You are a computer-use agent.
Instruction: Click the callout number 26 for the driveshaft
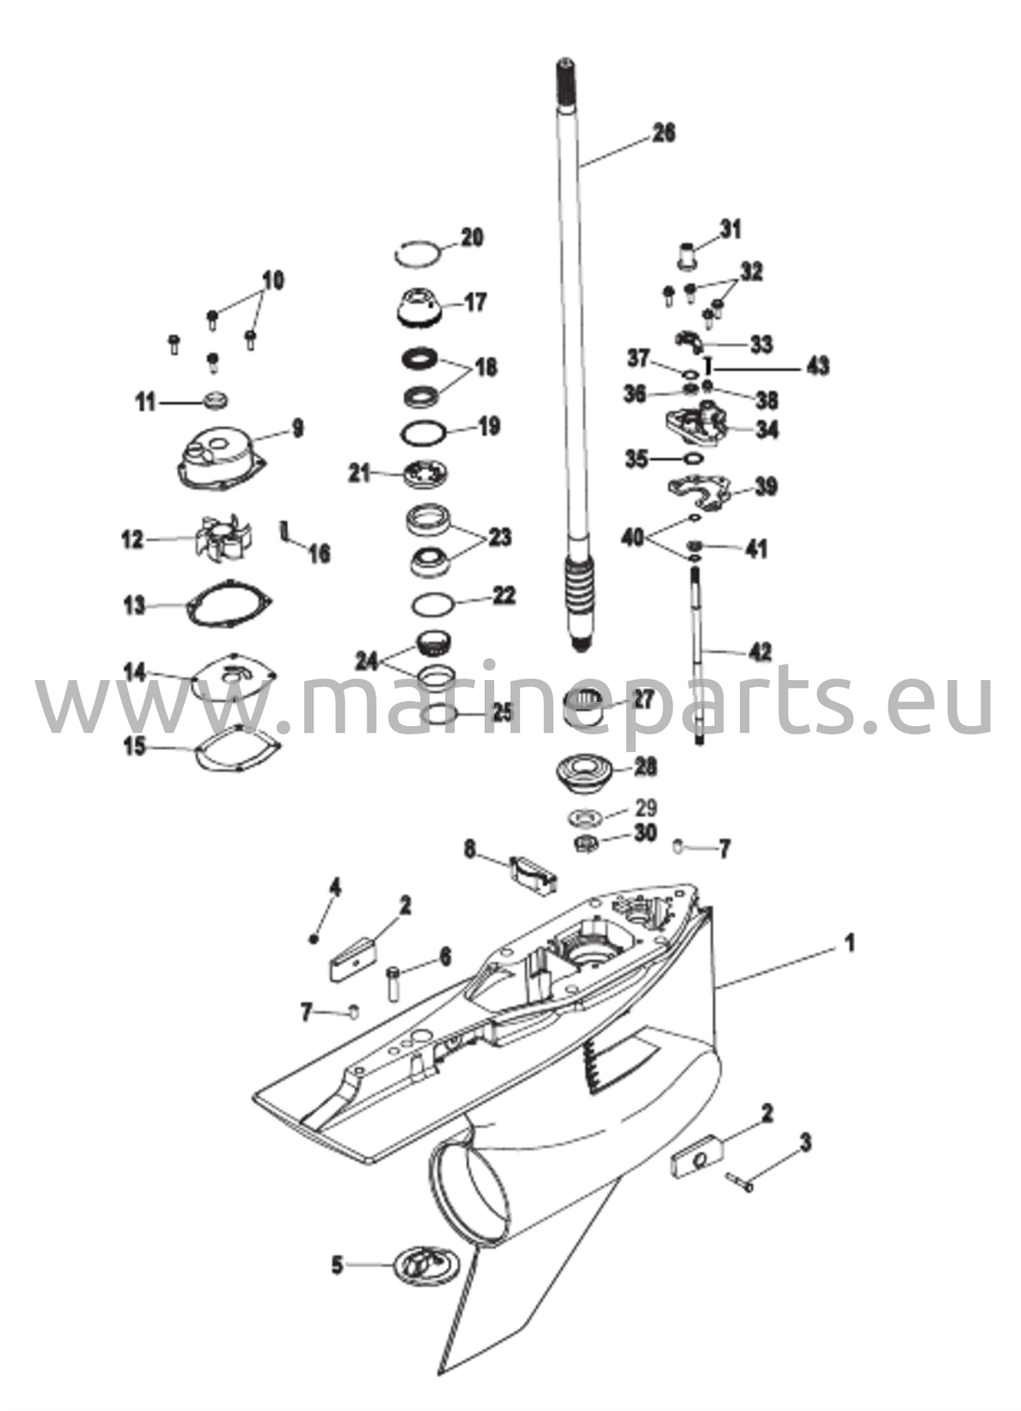tap(664, 132)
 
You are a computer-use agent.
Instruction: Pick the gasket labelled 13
tap(230, 604)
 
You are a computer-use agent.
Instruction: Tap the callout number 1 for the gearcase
tap(850, 943)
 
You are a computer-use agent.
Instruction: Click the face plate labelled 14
tap(234, 677)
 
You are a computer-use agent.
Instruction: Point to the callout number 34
tap(766, 429)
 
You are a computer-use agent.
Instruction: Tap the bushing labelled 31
tap(685, 256)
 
